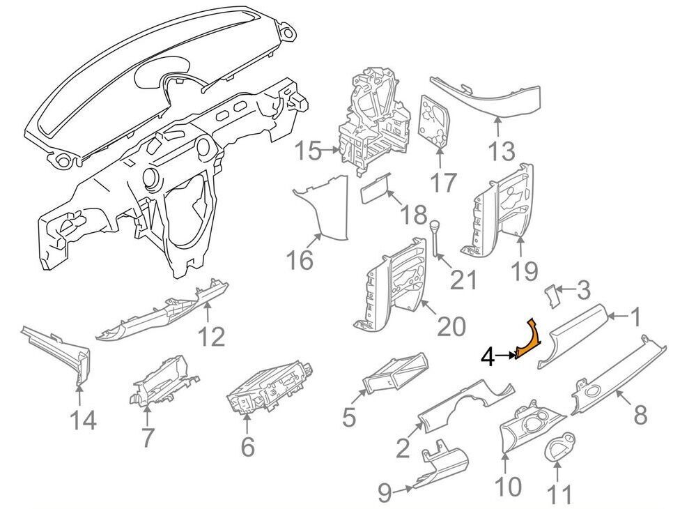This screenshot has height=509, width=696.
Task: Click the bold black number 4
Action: (x=487, y=358)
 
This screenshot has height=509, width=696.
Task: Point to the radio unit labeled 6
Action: (x=268, y=397)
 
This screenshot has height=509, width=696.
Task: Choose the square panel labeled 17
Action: (x=434, y=121)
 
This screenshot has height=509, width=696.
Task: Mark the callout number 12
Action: (x=211, y=336)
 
